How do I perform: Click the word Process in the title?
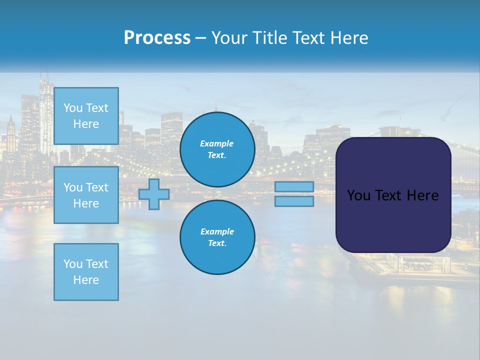(x=157, y=38)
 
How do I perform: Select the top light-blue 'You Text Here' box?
(x=86, y=116)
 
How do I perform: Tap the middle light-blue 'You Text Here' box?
(x=86, y=195)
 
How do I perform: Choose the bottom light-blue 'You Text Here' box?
(x=86, y=272)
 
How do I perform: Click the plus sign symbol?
(x=154, y=194)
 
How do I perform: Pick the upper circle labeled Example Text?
(x=217, y=149)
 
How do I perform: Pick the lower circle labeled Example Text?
(x=217, y=237)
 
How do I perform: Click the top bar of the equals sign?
(x=294, y=186)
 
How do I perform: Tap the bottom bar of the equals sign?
(x=294, y=201)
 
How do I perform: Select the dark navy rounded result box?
(x=393, y=220)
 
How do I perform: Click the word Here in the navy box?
(x=423, y=195)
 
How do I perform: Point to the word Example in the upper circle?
(x=217, y=143)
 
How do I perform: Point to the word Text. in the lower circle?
(x=217, y=243)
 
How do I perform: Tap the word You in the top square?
(x=73, y=108)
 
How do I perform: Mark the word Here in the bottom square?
(x=86, y=280)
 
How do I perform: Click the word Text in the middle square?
(x=97, y=187)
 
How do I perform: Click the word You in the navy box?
(x=358, y=195)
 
